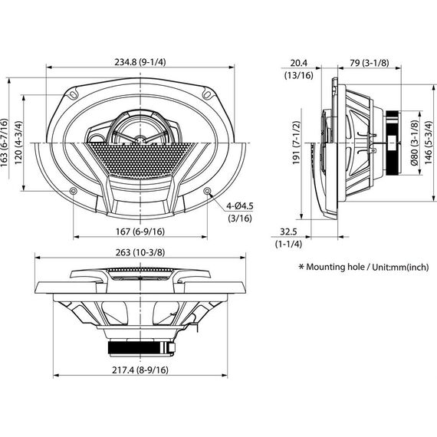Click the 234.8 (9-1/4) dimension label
point(140,62)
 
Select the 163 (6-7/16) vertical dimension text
point(5,143)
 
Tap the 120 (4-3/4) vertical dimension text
point(18,143)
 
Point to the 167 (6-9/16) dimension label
point(140,232)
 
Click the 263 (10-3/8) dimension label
point(140,252)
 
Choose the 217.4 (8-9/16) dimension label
point(140,370)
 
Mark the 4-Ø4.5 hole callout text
point(240,206)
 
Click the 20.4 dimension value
point(299,63)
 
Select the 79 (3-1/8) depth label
point(370,63)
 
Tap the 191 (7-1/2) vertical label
point(296,143)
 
